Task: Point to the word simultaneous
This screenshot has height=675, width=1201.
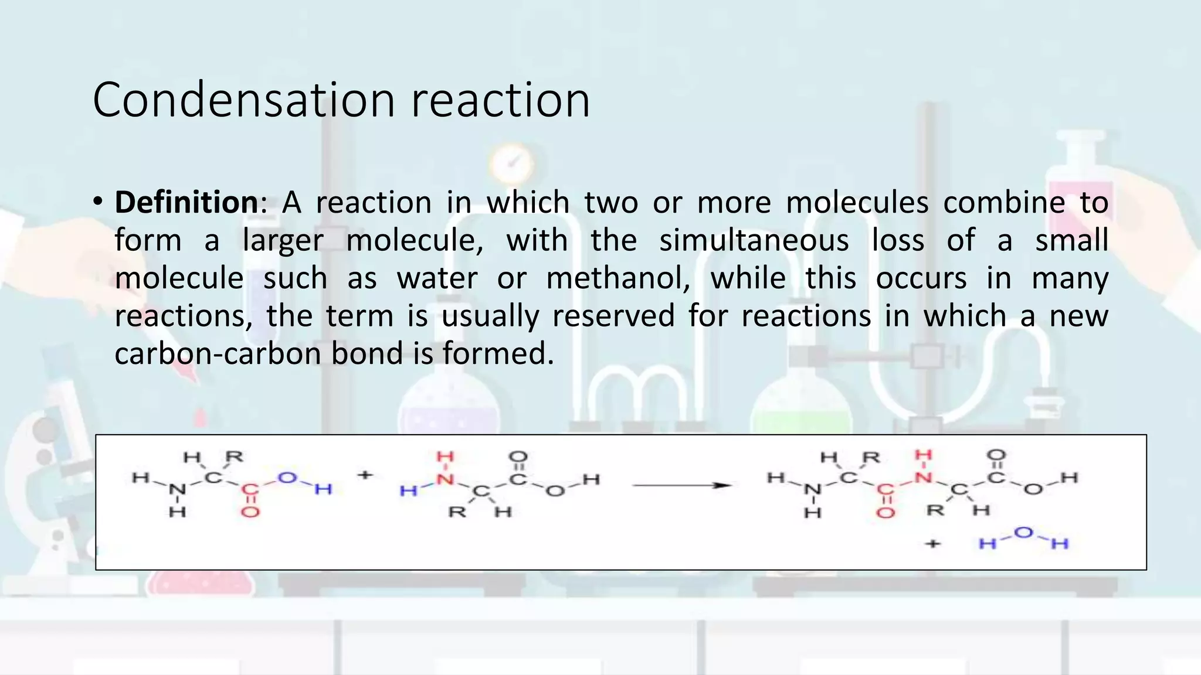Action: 754,241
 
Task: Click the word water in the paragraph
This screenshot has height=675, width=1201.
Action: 437,278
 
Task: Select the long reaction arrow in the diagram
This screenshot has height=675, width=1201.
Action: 681,485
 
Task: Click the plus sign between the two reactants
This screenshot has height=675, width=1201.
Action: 365,475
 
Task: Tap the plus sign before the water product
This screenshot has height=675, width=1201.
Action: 932,544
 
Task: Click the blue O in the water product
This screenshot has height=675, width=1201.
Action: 1023,533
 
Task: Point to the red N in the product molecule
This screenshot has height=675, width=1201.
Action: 923,478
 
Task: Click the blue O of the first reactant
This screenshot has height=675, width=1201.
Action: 287,478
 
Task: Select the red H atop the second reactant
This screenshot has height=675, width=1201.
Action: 445,456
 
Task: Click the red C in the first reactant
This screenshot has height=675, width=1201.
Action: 250,489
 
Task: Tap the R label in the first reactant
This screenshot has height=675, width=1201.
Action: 234,456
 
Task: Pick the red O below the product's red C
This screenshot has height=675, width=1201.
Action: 886,513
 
